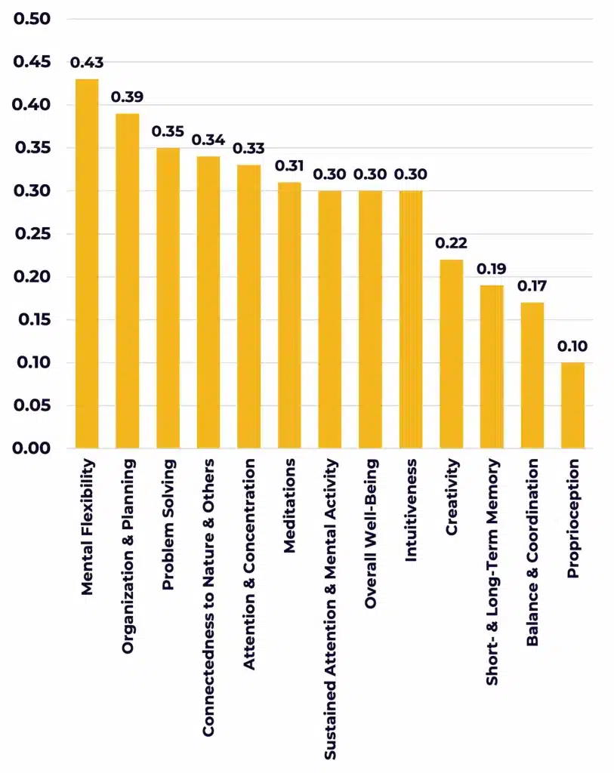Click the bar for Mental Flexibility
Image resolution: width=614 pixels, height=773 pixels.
(87, 264)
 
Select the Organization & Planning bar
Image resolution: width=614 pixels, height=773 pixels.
(127, 281)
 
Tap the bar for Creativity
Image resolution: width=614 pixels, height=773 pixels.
(452, 354)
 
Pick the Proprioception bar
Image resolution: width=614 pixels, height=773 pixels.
(572, 405)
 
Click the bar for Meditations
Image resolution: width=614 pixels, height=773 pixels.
(289, 316)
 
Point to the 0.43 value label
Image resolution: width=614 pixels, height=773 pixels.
(87, 62)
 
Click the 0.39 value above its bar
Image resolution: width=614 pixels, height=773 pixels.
(127, 97)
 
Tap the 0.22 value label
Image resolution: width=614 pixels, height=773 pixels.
(452, 243)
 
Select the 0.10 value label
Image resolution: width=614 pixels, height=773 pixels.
(572, 346)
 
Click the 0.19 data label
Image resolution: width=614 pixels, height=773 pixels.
(492, 269)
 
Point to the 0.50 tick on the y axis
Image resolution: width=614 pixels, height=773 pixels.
(32, 19)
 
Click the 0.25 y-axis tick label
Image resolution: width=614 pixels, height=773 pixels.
(32, 234)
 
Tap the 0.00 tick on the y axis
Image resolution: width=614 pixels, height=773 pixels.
(32, 449)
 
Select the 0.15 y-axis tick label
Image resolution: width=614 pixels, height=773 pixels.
(32, 320)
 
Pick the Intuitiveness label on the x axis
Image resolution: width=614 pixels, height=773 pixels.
(411, 510)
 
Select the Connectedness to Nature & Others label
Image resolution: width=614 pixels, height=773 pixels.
(208, 596)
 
